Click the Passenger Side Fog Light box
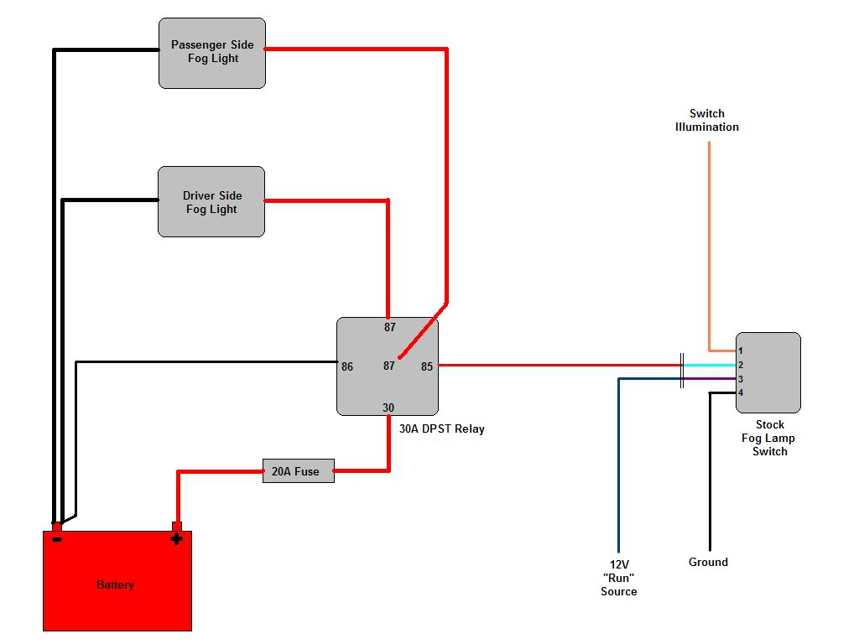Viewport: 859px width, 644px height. [x=212, y=52]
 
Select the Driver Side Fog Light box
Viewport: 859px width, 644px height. [x=211, y=202]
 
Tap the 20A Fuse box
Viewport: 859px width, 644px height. [x=298, y=471]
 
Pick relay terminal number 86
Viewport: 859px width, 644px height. [x=347, y=366]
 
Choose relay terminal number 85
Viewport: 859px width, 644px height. [x=427, y=366]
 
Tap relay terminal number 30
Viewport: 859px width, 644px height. [x=388, y=408]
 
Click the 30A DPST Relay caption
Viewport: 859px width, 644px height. [x=441, y=429]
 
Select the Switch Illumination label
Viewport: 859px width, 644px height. [x=707, y=120]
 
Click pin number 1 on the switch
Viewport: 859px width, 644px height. [x=741, y=351]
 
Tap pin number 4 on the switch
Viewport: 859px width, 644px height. [x=741, y=392]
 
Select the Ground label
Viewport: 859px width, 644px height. [x=708, y=562]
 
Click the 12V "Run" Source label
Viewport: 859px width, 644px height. [x=618, y=578]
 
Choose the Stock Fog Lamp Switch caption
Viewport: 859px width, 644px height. [x=769, y=438]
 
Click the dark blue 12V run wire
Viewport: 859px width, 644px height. [x=619, y=461]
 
